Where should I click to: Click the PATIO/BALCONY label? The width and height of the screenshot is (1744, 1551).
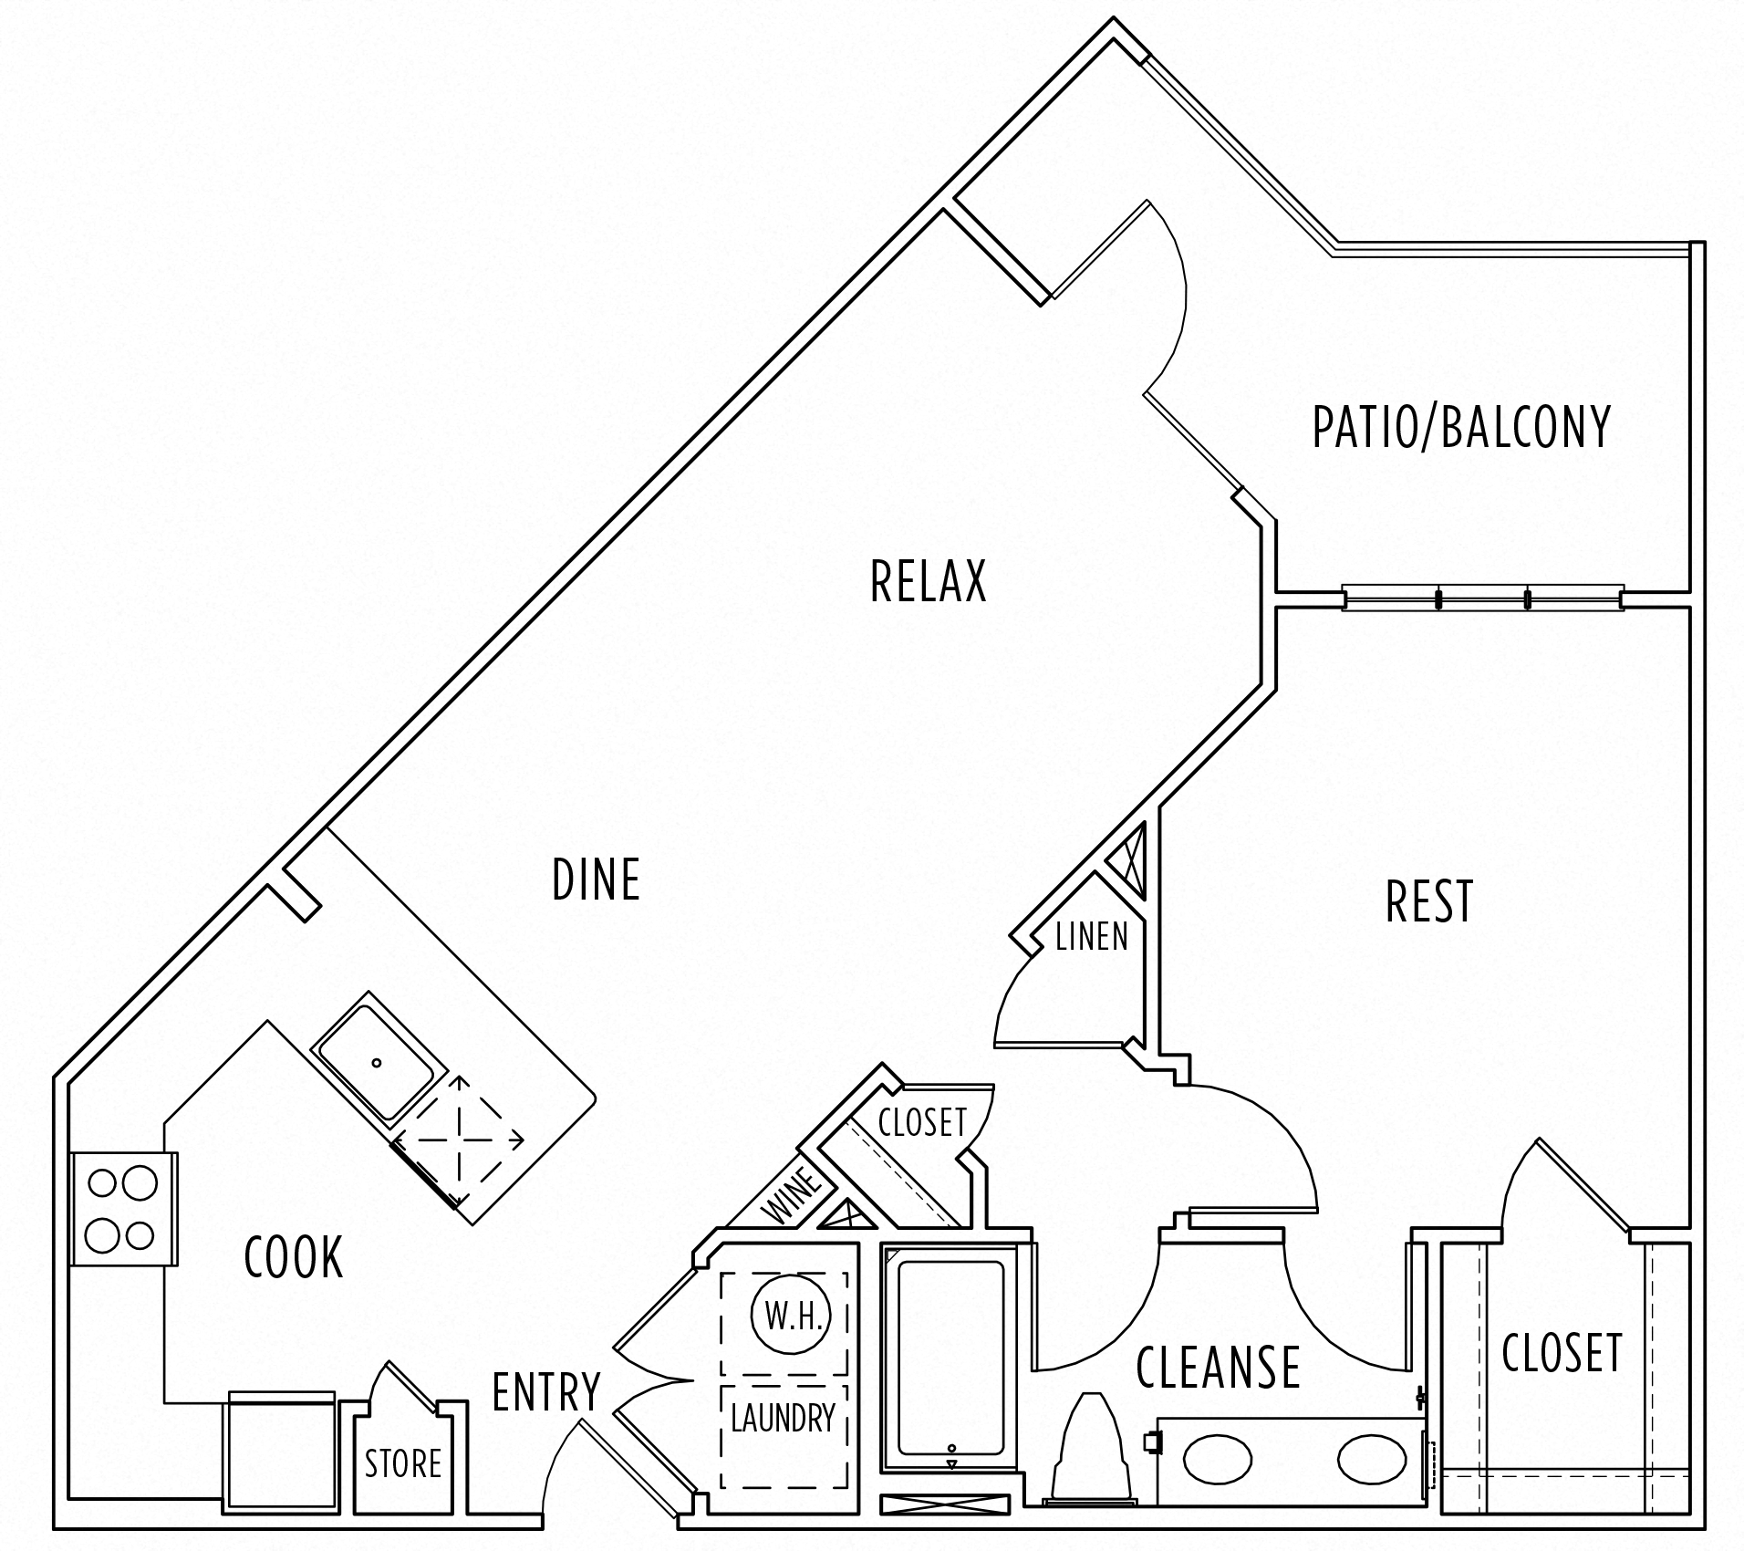tap(1461, 426)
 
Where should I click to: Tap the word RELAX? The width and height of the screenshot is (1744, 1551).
tap(929, 581)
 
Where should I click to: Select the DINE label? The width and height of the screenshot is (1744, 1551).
tap(597, 879)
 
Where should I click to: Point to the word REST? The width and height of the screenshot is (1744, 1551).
tap(1429, 901)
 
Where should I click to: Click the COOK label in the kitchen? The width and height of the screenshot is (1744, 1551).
tap(294, 1256)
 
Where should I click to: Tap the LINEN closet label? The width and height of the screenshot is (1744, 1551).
tap(1091, 937)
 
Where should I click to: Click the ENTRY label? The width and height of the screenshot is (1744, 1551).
tap(546, 1391)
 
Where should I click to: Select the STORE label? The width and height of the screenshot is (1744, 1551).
tap(403, 1463)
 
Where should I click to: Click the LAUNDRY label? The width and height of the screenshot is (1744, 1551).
tap(784, 1417)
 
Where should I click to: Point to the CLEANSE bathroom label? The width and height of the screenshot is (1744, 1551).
tap(1218, 1366)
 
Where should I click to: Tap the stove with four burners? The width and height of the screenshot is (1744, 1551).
tap(122, 1209)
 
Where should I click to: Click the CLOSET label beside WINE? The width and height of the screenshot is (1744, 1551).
tap(921, 1122)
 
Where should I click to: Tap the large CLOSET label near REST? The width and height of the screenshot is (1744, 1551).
tap(1562, 1352)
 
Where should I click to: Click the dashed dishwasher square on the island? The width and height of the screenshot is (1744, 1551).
tap(458, 1140)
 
